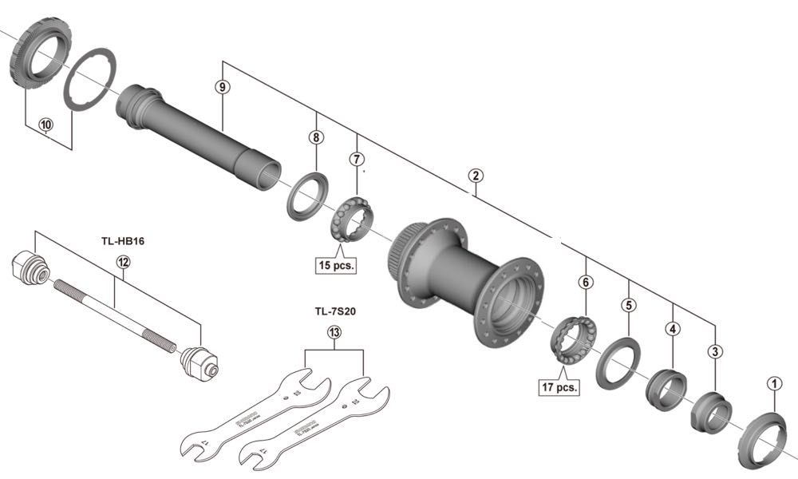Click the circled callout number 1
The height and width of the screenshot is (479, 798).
[x=772, y=383]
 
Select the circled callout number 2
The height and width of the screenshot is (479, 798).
[x=475, y=175]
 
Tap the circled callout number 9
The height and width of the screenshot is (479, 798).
[x=223, y=85]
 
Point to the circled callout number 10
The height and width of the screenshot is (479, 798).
[x=46, y=125]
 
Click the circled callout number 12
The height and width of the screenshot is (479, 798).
[x=122, y=261]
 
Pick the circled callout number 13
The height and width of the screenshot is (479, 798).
[x=334, y=334]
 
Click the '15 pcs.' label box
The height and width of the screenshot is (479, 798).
[x=336, y=264]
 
